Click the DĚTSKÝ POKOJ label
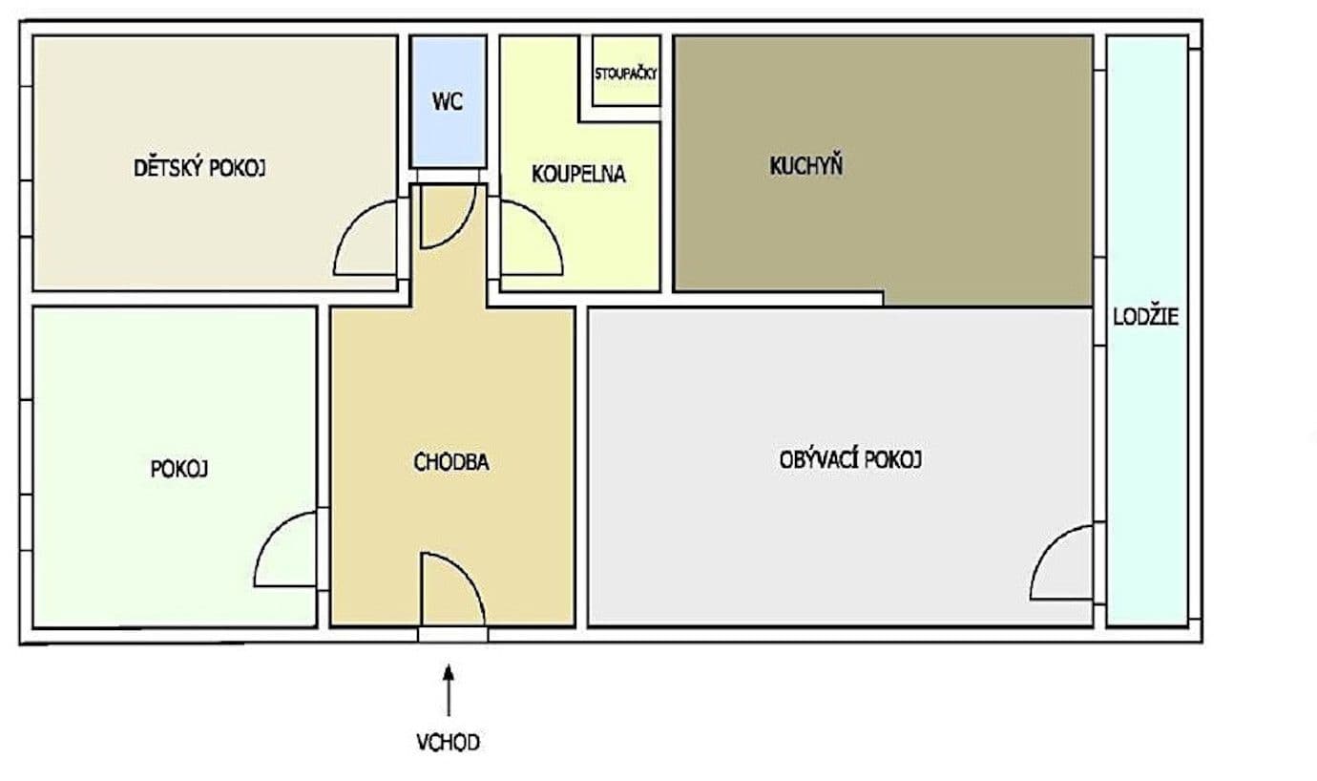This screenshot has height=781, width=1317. (x=199, y=169)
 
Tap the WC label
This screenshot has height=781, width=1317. (x=447, y=101)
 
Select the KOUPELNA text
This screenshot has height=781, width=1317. (x=578, y=175)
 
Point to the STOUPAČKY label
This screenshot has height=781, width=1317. (x=626, y=74)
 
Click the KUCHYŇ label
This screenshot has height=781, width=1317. (x=805, y=166)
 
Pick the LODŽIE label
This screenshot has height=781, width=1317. (x=1145, y=317)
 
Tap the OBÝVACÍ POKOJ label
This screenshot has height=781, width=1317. (x=850, y=459)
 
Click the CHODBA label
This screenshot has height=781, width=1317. (x=451, y=463)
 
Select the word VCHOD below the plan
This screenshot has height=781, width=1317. (x=448, y=742)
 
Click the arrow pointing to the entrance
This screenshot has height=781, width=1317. (x=448, y=689)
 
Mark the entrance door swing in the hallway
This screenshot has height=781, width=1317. (x=451, y=589)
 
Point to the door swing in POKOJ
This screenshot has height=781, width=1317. (x=286, y=551)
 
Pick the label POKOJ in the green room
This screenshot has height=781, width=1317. (x=179, y=470)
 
